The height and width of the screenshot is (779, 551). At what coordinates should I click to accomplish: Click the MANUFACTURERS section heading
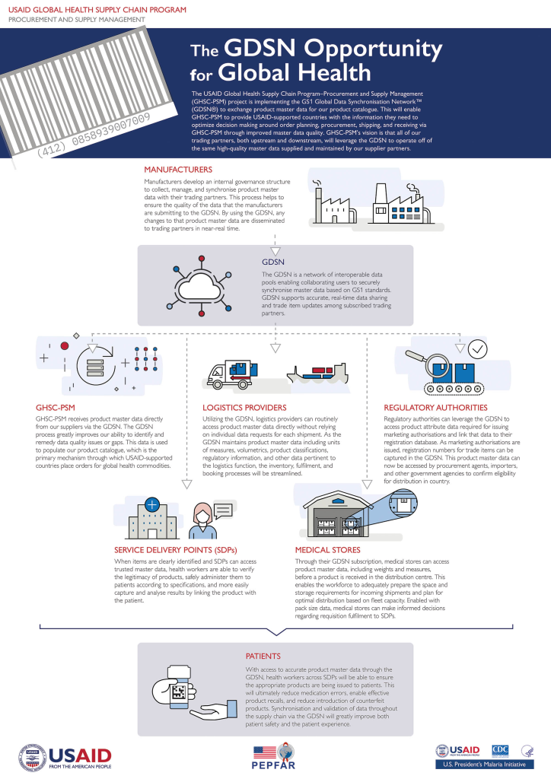177,169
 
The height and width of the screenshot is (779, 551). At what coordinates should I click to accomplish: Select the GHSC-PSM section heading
56,407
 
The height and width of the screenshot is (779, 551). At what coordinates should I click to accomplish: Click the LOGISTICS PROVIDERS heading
244,407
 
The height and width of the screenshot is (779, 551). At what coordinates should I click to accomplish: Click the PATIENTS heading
263,655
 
